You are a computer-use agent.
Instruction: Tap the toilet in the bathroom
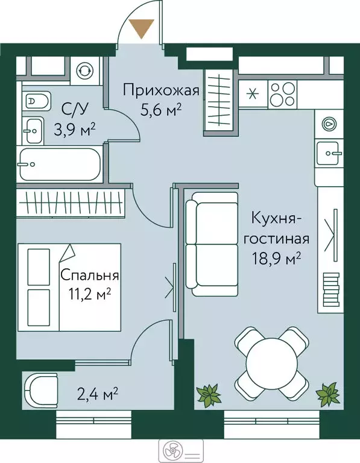[x=34, y=99]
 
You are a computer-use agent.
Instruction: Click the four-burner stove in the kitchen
[x=280, y=93]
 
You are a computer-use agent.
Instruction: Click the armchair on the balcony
[x=40, y=391]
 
